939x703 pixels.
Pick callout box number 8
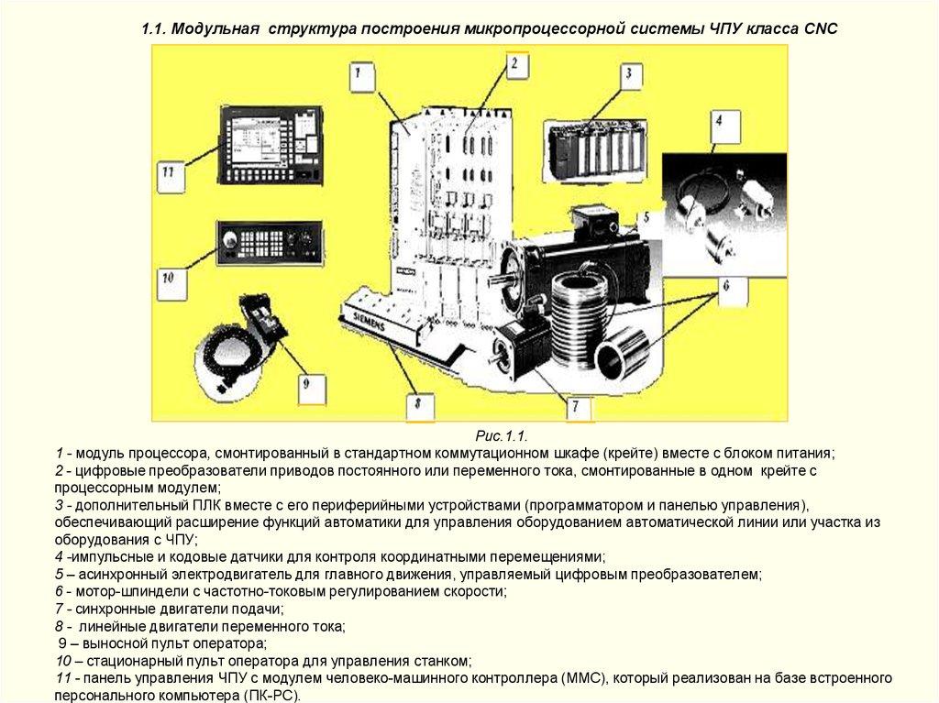click(418, 404)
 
